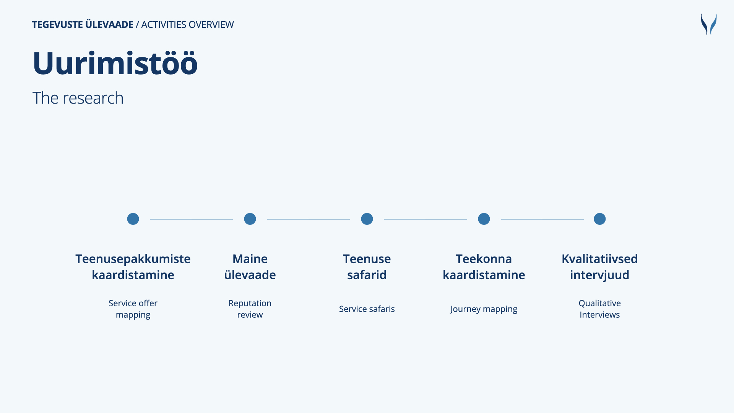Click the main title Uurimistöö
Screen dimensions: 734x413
[115, 63]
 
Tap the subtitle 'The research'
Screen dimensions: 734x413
[78, 98]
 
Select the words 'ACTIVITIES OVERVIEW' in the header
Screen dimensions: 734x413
[187, 24]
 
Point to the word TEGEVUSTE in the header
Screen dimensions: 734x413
[57, 24]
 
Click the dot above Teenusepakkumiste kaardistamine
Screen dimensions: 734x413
[133, 219]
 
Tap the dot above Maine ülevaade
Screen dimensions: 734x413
[250, 219]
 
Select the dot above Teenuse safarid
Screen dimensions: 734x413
[367, 219]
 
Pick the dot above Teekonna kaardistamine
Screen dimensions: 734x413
[484, 219]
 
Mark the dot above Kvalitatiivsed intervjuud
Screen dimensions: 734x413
[600, 219]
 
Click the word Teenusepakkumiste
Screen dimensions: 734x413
[133, 259]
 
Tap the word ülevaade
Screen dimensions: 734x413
[250, 275]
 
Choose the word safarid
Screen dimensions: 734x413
[367, 275]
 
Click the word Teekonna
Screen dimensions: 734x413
[484, 259]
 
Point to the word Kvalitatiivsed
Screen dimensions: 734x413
[600, 259]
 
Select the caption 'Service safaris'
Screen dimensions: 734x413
[367, 309]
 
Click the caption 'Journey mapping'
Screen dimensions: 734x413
[484, 309]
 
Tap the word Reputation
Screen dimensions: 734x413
[250, 304]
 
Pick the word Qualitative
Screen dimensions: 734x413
[600, 304]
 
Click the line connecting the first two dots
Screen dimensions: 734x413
[192, 219]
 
